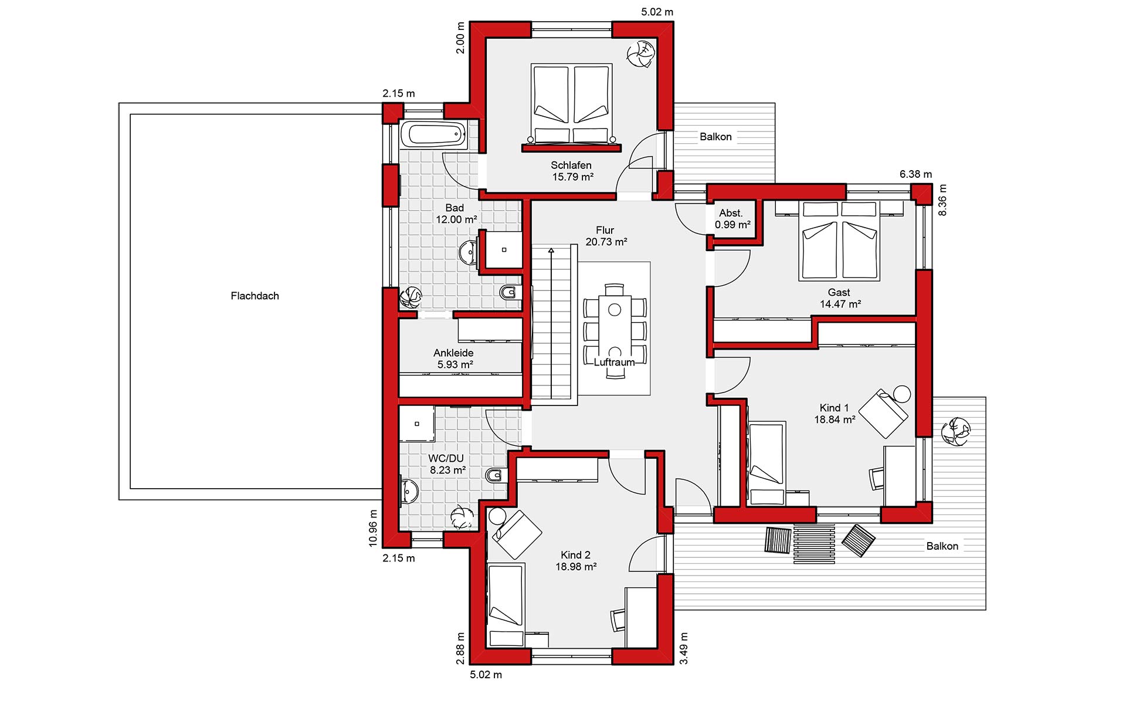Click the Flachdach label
(x=255, y=296)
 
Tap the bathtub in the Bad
(x=433, y=134)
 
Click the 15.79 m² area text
(x=572, y=177)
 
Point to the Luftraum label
(x=614, y=363)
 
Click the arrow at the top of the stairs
(x=551, y=252)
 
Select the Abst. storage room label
(x=731, y=214)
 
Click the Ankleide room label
(x=453, y=353)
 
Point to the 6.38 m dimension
(x=915, y=174)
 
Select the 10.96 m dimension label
(x=373, y=528)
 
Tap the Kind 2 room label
(x=575, y=555)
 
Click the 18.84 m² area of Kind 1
(x=835, y=419)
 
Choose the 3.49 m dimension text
(x=684, y=648)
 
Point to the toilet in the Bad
(x=511, y=292)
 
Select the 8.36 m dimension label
(x=942, y=200)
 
